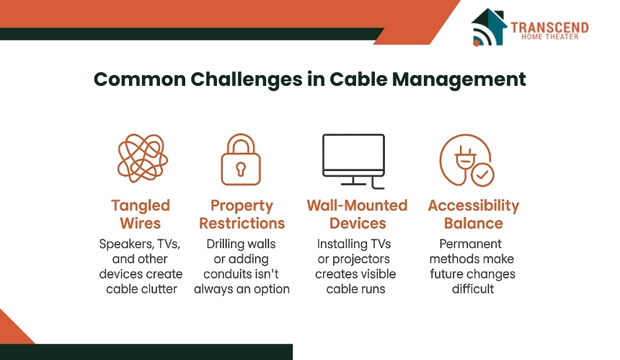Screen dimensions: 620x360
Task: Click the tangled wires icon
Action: point(142,158)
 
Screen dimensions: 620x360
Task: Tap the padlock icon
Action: point(241,159)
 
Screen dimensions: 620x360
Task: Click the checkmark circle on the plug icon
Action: point(482,175)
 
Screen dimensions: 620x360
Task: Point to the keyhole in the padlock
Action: point(241,170)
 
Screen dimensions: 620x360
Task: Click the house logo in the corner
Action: point(489,27)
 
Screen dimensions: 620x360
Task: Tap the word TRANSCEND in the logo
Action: point(549,27)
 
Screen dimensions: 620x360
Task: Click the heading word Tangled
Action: point(141,206)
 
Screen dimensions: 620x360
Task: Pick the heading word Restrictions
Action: point(242,224)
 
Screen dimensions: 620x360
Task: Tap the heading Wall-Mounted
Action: point(357,206)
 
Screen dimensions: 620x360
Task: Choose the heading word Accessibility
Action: point(474,206)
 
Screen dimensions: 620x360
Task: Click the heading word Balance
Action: point(474,224)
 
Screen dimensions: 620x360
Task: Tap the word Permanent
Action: point(470,244)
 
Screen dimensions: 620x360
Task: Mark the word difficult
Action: point(473,289)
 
